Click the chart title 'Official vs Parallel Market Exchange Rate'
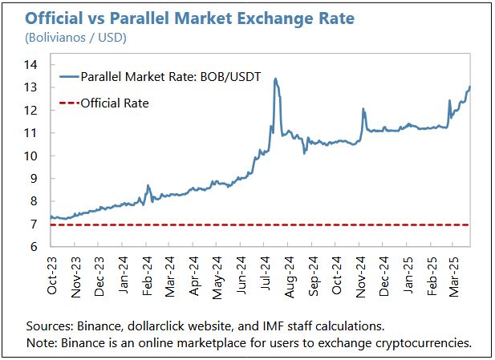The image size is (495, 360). (x=177, y=18)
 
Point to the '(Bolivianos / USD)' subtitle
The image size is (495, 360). (x=76, y=37)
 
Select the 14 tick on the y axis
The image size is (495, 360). (x=33, y=64)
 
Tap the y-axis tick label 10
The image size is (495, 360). (x=33, y=156)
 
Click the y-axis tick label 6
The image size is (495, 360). (x=36, y=247)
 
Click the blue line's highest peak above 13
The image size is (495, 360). (x=275, y=79)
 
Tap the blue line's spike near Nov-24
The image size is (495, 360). (x=363, y=109)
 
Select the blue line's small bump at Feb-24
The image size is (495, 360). (x=148, y=186)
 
